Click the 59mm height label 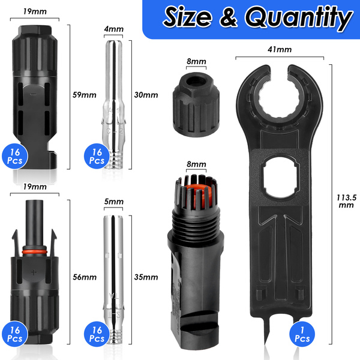tap(84, 95)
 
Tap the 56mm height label tap(85, 277)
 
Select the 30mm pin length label tap(146, 95)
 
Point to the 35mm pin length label tap(146, 277)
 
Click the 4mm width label tap(113, 29)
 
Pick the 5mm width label tap(113, 202)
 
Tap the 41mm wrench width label tap(280, 49)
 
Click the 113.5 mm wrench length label tap(346, 201)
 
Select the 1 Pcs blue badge tap(302, 334)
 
